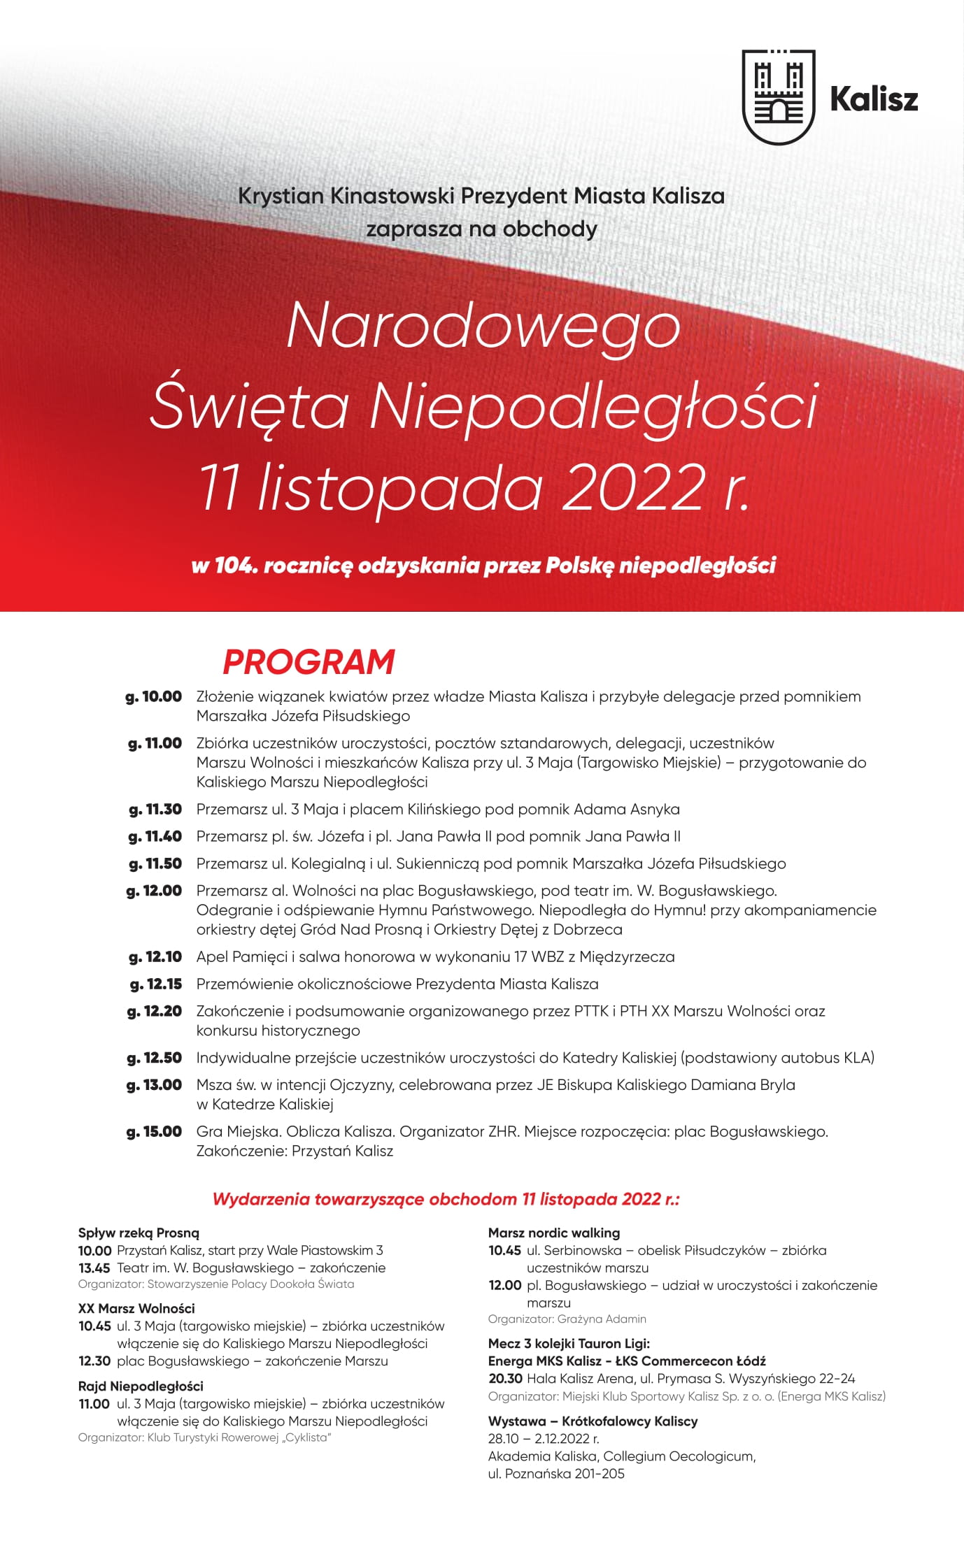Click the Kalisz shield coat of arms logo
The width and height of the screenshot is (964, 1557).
(x=778, y=97)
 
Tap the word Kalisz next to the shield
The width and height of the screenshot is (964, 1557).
(x=874, y=99)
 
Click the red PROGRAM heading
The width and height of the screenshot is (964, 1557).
(x=309, y=661)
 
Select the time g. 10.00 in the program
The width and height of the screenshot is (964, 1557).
(x=154, y=696)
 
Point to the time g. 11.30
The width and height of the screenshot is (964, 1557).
(x=155, y=809)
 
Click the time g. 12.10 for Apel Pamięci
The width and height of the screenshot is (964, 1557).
(x=155, y=956)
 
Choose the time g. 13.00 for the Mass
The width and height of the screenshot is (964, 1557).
(x=154, y=1084)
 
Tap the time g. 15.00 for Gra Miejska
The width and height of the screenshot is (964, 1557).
(x=154, y=1131)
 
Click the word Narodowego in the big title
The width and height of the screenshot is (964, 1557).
(x=483, y=326)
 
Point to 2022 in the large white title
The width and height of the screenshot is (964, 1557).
(x=633, y=487)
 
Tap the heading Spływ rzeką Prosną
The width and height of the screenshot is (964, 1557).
(x=139, y=1233)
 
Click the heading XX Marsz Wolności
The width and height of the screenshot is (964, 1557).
(x=136, y=1308)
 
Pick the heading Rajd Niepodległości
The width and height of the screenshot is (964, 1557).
(x=141, y=1386)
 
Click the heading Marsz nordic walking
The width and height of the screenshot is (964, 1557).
(x=554, y=1233)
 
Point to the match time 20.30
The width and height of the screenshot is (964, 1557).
(x=505, y=1379)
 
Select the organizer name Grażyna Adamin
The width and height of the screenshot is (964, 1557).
(x=602, y=1319)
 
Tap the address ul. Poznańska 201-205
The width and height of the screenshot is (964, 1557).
(x=556, y=1473)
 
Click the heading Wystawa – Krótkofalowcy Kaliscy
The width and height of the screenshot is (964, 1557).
(x=593, y=1421)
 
